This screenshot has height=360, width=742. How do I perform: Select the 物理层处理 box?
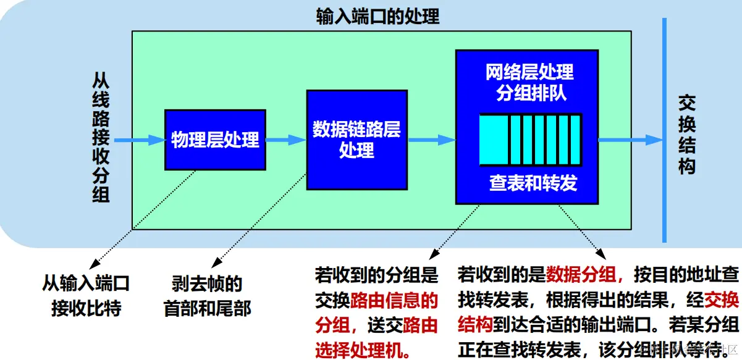(x=215, y=140)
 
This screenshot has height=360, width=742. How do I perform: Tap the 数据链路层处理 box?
(x=356, y=139)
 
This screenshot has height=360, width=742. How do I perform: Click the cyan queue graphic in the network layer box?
(x=530, y=140)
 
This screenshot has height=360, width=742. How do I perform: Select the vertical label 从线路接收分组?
(x=101, y=137)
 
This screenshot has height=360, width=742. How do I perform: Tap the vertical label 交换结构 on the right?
(x=687, y=134)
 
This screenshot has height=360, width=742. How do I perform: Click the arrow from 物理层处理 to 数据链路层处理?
(x=285, y=140)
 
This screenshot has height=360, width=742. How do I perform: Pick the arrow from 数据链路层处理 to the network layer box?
(x=431, y=140)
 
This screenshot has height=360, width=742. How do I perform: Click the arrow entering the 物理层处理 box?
(x=139, y=140)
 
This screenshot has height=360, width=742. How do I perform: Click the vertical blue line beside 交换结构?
(x=665, y=130)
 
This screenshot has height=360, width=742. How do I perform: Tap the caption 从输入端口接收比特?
(x=86, y=296)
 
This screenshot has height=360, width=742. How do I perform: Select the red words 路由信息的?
(x=394, y=301)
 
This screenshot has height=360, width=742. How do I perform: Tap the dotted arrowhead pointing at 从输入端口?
(x=93, y=263)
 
